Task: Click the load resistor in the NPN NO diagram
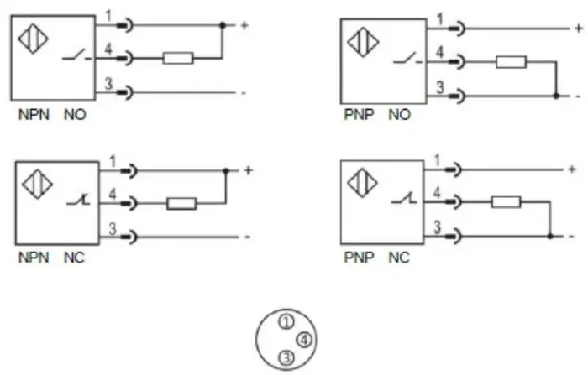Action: pyautogui.click(x=178, y=58)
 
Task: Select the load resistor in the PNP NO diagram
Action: pyautogui.click(x=511, y=62)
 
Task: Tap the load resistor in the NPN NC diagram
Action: pyautogui.click(x=181, y=203)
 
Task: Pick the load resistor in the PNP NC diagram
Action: pyautogui.click(x=507, y=202)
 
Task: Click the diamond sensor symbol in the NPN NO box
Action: pyautogui.click(x=33, y=39)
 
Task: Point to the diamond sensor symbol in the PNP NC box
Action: pyautogui.click(x=362, y=183)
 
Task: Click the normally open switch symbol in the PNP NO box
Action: pyautogui.click(x=407, y=60)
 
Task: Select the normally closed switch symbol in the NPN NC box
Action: pyautogui.click(x=78, y=201)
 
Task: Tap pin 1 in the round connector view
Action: pyautogui.click(x=286, y=322)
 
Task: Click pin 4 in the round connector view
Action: pyautogui.click(x=304, y=340)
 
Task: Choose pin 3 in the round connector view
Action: pyautogui.click(x=286, y=357)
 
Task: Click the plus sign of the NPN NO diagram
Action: pyautogui.click(x=244, y=25)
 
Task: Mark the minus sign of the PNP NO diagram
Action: pyautogui.click(x=578, y=96)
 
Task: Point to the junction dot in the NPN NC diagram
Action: pyautogui.click(x=226, y=171)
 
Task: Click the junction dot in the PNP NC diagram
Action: pyautogui.click(x=550, y=237)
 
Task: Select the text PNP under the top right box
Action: pyautogui.click(x=360, y=115)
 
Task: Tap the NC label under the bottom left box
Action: pyautogui.click(x=74, y=258)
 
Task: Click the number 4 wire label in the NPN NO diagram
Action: pyautogui.click(x=108, y=49)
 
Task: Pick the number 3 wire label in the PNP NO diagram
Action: pyautogui.click(x=440, y=87)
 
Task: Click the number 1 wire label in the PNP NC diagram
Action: pyautogui.click(x=437, y=161)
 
